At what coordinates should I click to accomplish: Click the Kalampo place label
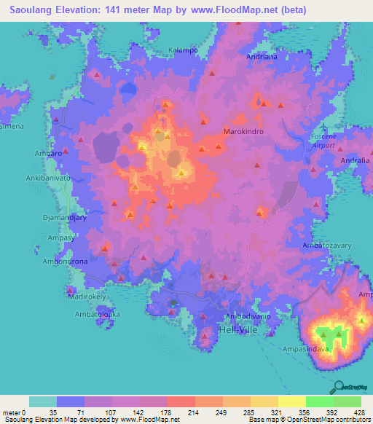184,50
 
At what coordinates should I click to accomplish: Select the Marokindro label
243,133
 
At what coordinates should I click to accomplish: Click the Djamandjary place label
51,216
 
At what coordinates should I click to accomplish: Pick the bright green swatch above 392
319,401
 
